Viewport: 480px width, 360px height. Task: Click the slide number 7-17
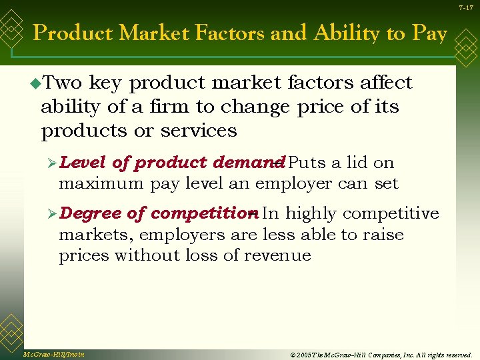click(465, 7)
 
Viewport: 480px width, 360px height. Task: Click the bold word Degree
click(90, 213)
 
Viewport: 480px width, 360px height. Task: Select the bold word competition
click(202, 213)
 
